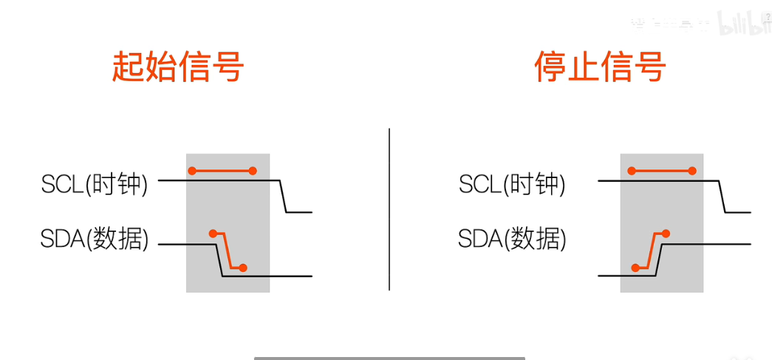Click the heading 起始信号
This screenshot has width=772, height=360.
coord(178,67)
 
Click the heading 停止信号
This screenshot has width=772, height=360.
coord(600,67)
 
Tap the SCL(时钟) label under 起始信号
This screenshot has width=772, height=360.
coord(95,184)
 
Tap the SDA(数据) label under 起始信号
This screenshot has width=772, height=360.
coord(95,239)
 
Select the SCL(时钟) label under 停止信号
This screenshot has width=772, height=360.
coord(512,184)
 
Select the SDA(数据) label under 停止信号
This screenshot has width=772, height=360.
coord(512,239)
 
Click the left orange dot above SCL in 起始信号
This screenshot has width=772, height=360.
coord(192,171)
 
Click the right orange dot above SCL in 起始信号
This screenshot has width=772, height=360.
coord(253,171)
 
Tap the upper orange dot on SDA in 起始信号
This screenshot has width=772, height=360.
coord(213,234)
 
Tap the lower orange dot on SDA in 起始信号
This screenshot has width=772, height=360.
coord(243,268)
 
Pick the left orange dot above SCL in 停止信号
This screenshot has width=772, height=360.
coord(632,171)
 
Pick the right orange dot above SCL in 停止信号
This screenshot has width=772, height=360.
coord(692,171)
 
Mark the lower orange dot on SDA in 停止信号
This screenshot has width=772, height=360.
coord(635,268)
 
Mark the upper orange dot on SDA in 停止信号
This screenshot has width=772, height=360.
coord(666,234)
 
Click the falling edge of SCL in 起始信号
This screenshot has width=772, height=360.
coord(283,196)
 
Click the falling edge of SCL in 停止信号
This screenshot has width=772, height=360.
coord(722,196)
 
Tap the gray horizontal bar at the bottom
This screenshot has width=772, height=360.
coord(389,358)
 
